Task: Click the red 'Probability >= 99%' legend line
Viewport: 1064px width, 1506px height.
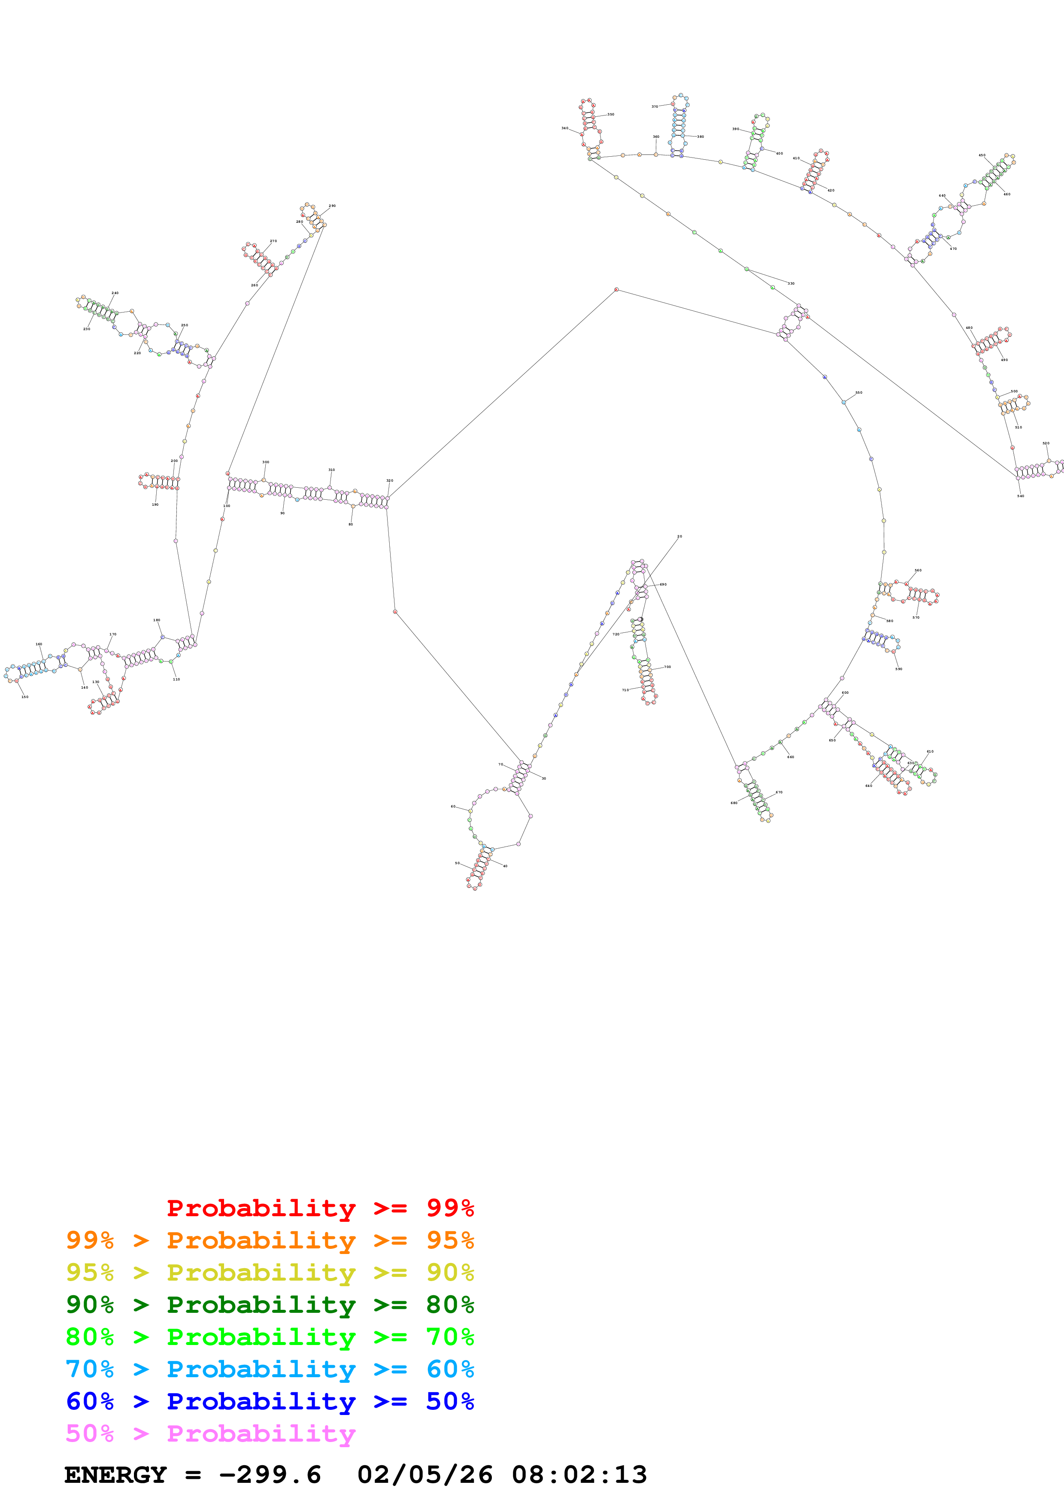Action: point(320,1208)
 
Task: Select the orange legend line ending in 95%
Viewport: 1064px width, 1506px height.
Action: point(270,1240)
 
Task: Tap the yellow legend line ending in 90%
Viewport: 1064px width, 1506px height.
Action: point(270,1272)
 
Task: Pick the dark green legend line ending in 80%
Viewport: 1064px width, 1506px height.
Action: point(270,1305)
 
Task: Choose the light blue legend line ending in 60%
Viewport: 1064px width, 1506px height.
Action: point(270,1369)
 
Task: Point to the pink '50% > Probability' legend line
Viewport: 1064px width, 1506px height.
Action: point(210,1433)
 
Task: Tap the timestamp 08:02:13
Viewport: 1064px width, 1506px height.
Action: point(579,1475)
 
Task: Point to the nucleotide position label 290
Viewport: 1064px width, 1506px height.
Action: point(332,206)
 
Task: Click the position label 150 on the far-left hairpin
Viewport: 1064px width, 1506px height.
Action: point(25,697)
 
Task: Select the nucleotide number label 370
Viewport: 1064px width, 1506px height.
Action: point(654,106)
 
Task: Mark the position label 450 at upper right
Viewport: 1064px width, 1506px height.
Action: point(982,155)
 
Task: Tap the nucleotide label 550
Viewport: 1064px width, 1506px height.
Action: point(859,392)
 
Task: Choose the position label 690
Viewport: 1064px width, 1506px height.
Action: point(664,584)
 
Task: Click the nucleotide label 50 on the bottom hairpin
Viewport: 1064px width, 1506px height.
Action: point(457,863)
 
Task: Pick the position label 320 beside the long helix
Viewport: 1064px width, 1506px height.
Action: point(389,481)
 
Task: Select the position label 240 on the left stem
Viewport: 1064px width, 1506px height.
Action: point(115,293)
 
